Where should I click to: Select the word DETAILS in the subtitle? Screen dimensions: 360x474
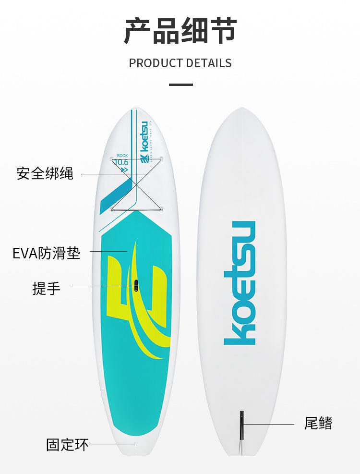point(209,63)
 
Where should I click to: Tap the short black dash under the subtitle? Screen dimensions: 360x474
point(181,85)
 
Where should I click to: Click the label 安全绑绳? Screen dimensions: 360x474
point(45,173)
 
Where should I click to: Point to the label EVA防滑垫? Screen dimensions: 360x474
point(47,253)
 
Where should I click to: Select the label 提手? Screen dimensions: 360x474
point(47,289)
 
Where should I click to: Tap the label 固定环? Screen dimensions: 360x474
point(67,444)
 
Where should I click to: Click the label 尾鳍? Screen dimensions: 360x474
point(318,423)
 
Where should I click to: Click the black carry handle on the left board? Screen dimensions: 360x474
point(136,285)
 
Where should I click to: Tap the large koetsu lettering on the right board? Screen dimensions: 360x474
point(240,283)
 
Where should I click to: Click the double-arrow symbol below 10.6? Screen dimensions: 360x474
point(124,170)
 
